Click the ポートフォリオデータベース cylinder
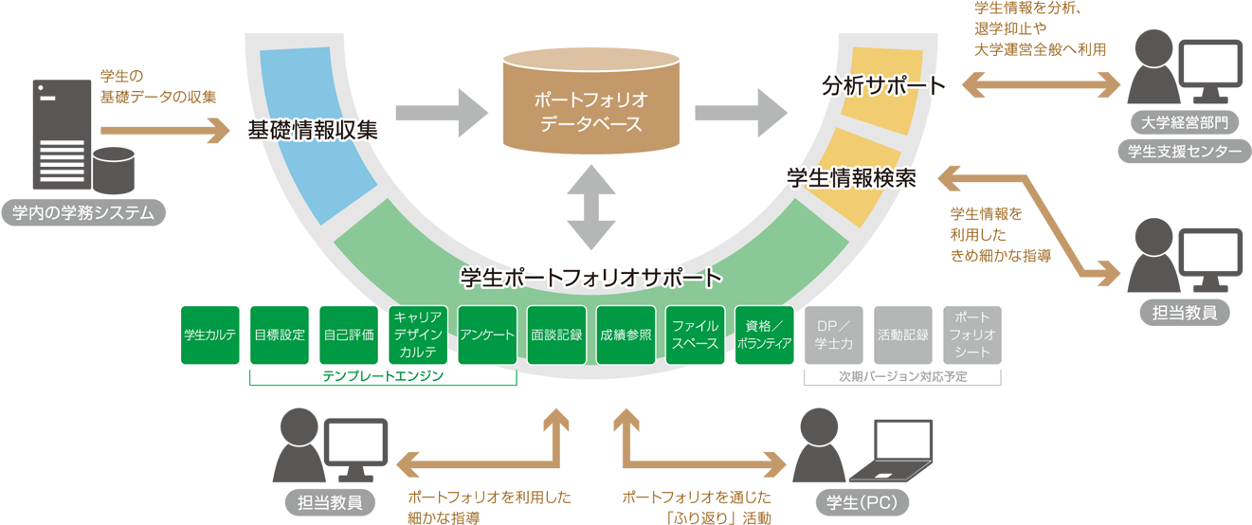[590, 104]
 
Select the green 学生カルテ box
[209, 335]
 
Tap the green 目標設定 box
[279, 335]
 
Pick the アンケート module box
[487, 335]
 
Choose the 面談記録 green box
[556, 335]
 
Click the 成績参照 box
[626, 335]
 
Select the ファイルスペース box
[695, 335]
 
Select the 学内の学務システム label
[83, 213]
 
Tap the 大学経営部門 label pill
[1185, 123]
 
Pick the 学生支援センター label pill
[1185, 151]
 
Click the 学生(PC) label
[857, 501]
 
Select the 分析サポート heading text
[883, 86]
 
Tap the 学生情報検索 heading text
[851, 177]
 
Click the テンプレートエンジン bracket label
[382, 376]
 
